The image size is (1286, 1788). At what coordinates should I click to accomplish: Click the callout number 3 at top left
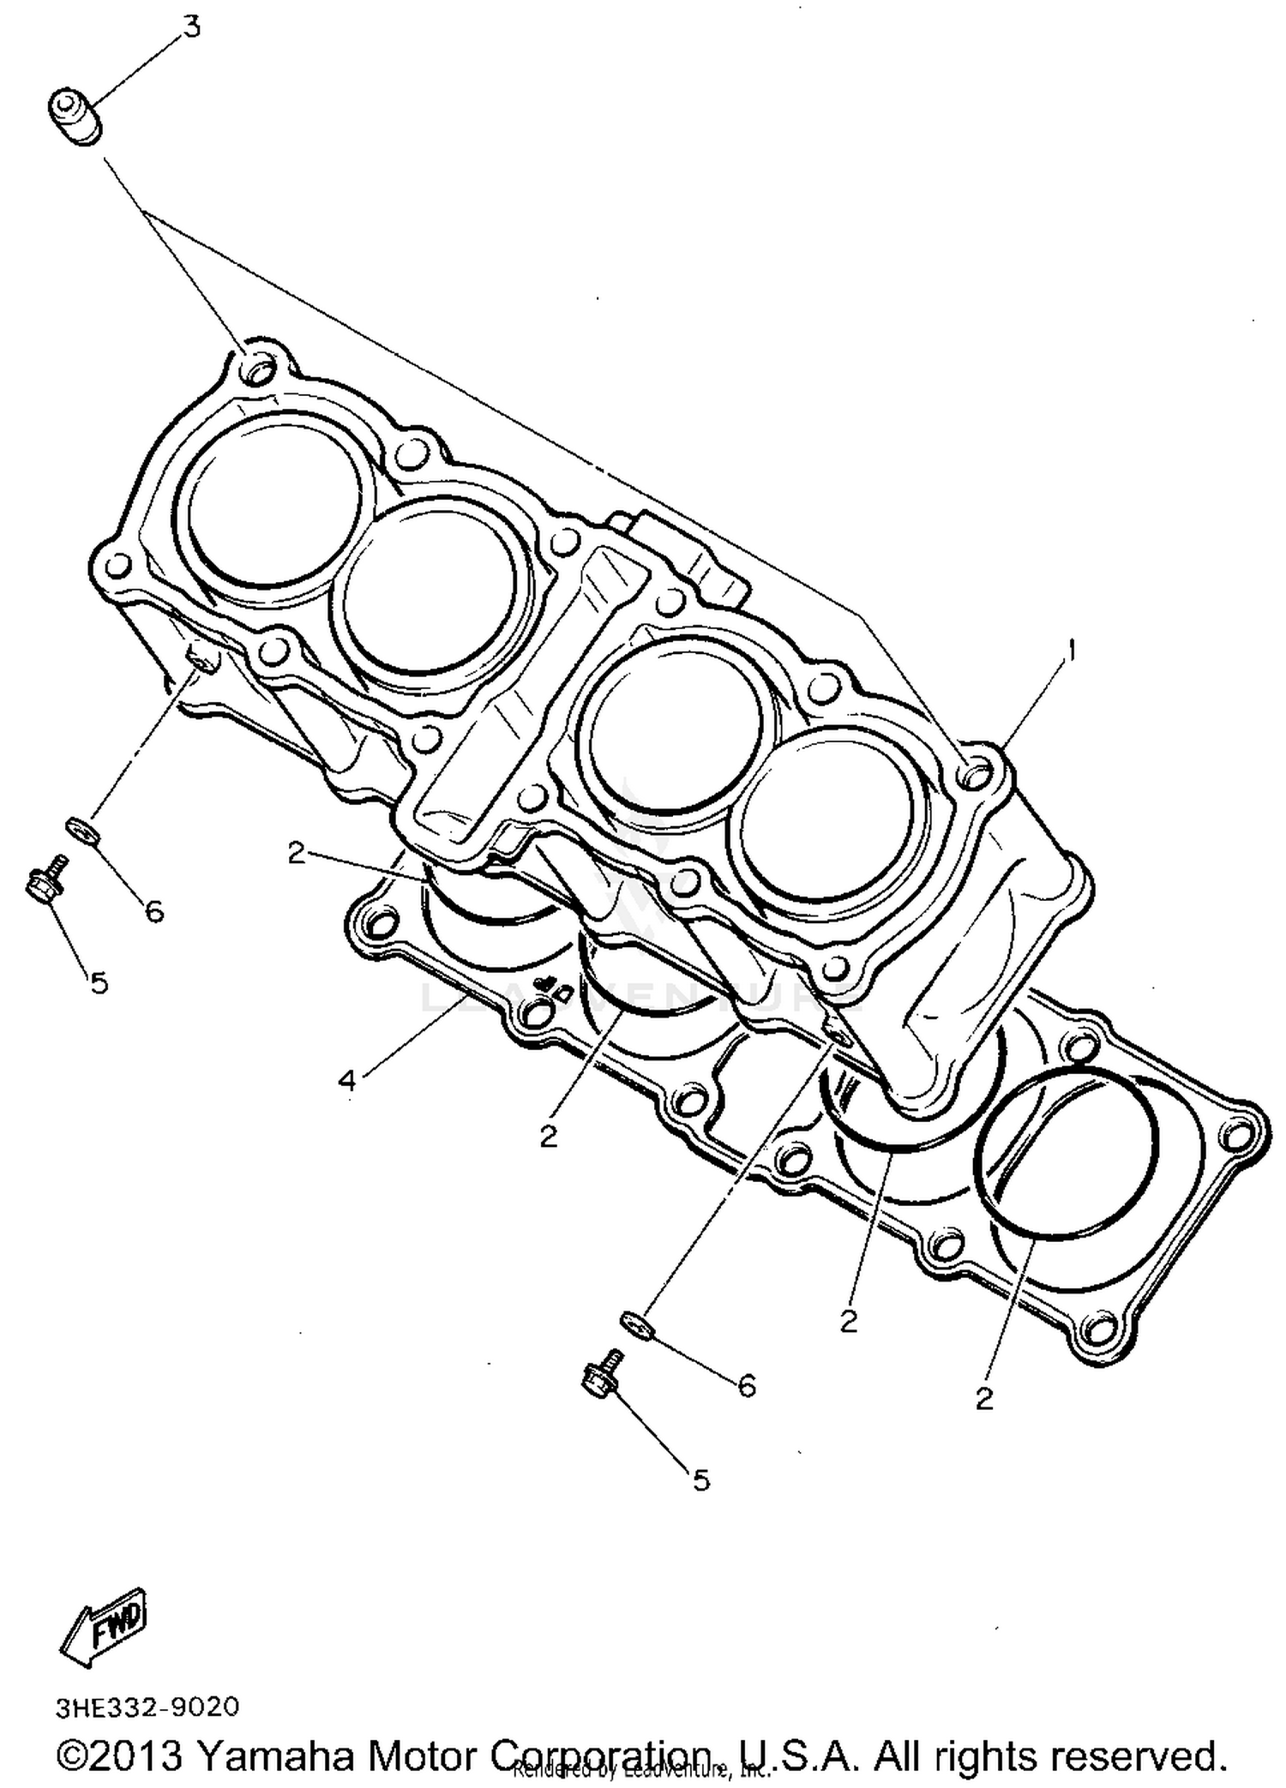191,27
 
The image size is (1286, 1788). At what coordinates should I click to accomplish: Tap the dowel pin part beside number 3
75,117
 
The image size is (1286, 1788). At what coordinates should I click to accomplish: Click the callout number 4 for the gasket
346,1081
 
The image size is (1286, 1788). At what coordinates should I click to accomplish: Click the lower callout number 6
747,1386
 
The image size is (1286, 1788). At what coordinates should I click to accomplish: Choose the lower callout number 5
701,1479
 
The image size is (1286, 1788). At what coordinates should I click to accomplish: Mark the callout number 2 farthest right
983,1398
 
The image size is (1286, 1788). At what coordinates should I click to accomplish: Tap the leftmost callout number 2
297,853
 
